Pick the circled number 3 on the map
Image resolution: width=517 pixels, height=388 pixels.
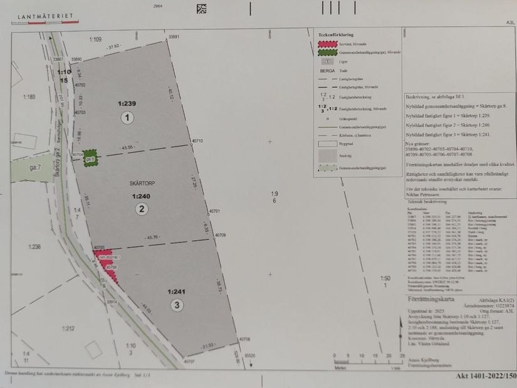(x=178, y=305)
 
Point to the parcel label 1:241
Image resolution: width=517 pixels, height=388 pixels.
(x=178, y=291)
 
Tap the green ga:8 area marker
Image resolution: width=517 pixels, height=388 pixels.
(x=91, y=157)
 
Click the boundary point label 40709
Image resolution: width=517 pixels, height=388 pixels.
(x=219, y=235)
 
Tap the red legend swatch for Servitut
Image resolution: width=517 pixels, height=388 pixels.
(x=325, y=45)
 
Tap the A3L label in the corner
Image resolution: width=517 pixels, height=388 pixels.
(x=509, y=22)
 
